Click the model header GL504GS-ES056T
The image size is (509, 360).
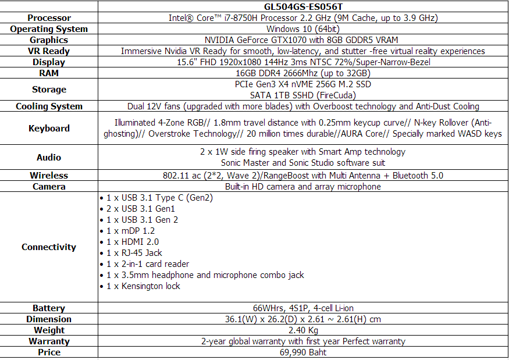302,6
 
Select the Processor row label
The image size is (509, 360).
49,18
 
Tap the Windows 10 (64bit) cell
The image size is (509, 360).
302,29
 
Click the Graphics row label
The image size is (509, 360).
49,40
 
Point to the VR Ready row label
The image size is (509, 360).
49,51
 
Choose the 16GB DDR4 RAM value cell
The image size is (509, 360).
302,73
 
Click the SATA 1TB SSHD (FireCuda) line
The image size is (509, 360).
302,95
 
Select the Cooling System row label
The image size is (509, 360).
49,106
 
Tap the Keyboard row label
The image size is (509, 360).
49,129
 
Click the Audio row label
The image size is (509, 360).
49,157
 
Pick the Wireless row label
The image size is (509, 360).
49,176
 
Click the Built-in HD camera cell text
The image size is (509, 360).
302,187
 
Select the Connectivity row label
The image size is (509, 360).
49,247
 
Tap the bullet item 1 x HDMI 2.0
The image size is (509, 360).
133,242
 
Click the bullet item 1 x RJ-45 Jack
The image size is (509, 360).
134,253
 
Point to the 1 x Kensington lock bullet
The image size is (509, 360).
143,286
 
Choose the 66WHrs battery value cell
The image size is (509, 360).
302,308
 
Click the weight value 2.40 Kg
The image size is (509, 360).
302,330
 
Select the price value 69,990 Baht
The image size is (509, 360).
302,352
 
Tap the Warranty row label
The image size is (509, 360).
49,341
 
